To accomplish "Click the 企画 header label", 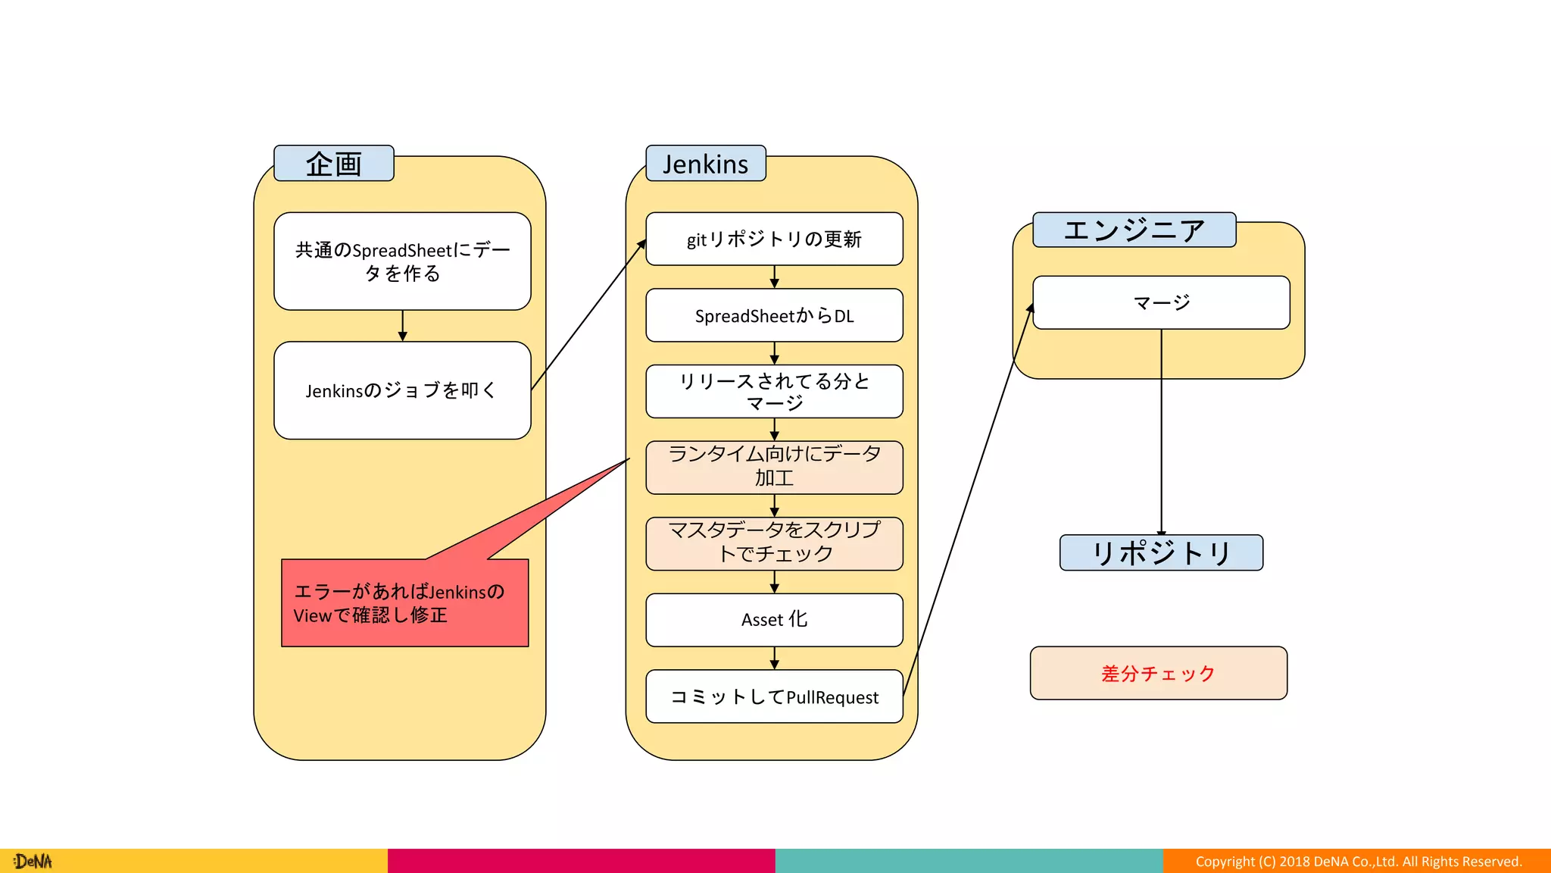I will tap(333, 164).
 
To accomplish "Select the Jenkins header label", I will tap(705, 164).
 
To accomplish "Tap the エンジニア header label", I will tap(1134, 230).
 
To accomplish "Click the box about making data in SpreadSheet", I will tap(402, 261).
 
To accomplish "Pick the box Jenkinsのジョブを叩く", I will tap(402, 390).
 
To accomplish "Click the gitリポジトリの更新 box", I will tap(774, 239).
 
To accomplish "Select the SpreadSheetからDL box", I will tap(774, 315).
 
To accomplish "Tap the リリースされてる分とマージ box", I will tap(774, 392).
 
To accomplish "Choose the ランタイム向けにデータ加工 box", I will tap(774, 467).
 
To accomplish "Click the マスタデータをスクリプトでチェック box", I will tap(774, 543).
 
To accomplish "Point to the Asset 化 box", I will tap(774, 620).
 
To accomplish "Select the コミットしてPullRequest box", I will tap(774, 696).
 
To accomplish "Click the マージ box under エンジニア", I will tap(1161, 303).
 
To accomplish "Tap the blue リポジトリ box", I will tap(1161, 552).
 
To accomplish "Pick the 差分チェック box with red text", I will tap(1158, 673).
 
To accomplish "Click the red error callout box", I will tap(404, 603).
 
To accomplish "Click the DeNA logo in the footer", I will tap(33, 862).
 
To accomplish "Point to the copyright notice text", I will tap(1358, 862).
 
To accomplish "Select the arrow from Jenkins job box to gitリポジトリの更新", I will tap(588, 315).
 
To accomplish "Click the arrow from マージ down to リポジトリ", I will tap(1161, 432).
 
